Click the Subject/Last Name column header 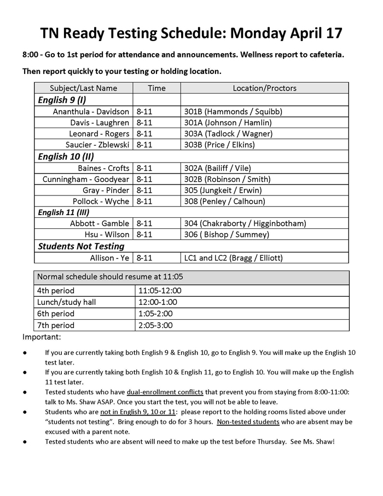tap(83, 88)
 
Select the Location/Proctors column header tap(264, 88)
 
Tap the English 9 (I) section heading tap(62, 100)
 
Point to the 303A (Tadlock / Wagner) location tap(228, 134)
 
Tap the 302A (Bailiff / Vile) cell tap(218, 168)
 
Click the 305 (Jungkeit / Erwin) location tap(223, 190)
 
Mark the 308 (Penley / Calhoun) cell tap(224, 201)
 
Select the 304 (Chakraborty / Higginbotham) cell tap(245, 223)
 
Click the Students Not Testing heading tap(81, 246)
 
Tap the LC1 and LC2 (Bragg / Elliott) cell tap(234, 258)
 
